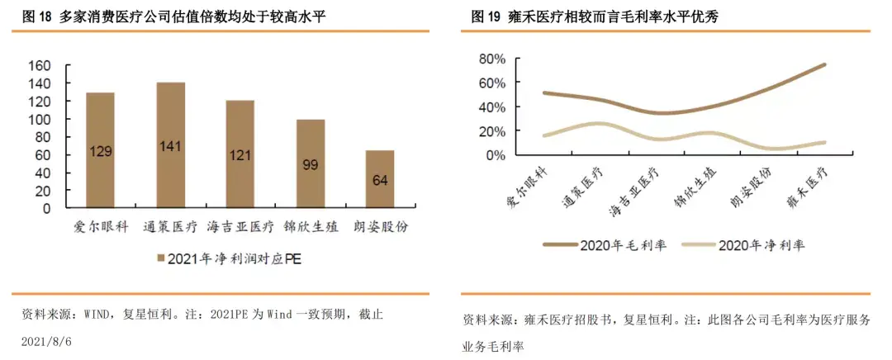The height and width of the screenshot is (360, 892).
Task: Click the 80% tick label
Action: pyautogui.click(x=490, y=59)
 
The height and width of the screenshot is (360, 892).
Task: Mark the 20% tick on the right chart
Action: pyautogui.click(x=490, y=131)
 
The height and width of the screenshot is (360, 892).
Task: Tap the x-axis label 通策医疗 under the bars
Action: pyautogui.click(x=171, y=225)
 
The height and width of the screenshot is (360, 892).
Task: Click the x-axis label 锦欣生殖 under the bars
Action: pyautogui.click(x=311, y=225)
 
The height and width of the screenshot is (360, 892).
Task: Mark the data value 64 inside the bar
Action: pyautogui.click(x=381, y=181)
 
